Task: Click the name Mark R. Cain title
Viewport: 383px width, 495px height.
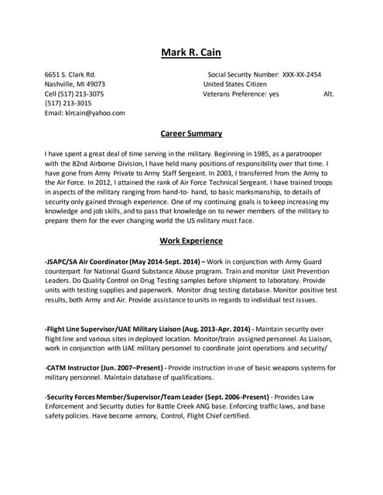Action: point(190,53)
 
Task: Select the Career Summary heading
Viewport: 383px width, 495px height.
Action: point(190,133)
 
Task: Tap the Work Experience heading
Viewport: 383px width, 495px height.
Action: point(190,241)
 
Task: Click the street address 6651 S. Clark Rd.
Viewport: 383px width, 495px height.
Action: point(70,75)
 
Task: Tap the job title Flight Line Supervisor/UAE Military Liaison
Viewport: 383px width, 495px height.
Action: point(115,329)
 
